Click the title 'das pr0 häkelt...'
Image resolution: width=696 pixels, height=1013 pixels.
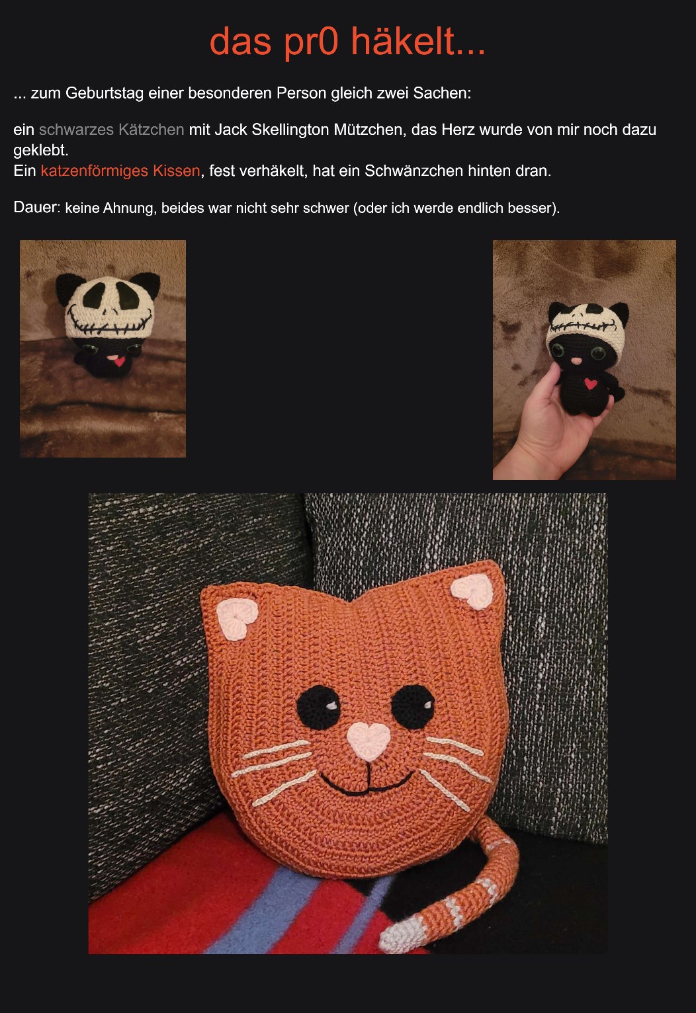(347, 42)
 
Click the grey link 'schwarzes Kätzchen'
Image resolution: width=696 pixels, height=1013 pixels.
(111, 130)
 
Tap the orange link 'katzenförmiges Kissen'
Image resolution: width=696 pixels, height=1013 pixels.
(120, 171)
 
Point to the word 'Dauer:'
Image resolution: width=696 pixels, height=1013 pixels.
(36, 207)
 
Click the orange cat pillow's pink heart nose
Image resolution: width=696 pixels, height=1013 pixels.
(369, 741)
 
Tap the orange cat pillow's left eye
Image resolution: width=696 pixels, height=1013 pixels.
(319, 707)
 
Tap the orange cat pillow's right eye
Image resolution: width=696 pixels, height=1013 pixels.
(413, 706)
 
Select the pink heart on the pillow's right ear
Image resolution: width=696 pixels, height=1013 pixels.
(472, 591)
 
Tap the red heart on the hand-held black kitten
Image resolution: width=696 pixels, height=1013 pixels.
(590, 384)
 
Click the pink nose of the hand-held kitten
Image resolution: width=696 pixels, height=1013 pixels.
(576, 361)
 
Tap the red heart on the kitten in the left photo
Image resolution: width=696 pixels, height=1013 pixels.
(118, 360)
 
